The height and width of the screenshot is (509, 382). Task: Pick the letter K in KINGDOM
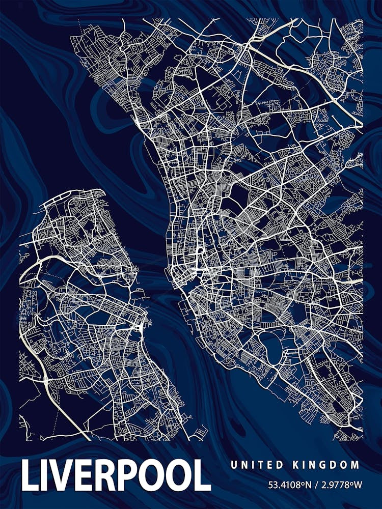295,465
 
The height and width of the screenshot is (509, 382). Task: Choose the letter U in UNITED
233,465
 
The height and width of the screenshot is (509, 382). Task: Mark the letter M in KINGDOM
356,465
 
